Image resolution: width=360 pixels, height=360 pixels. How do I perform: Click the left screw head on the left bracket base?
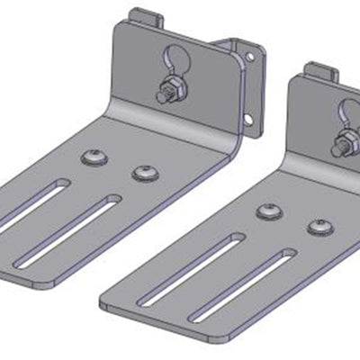pos(94,158)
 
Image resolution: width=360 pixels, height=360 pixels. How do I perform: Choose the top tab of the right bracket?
pos(319,69)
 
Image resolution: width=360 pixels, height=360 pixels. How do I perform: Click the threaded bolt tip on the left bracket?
pos(159,93)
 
